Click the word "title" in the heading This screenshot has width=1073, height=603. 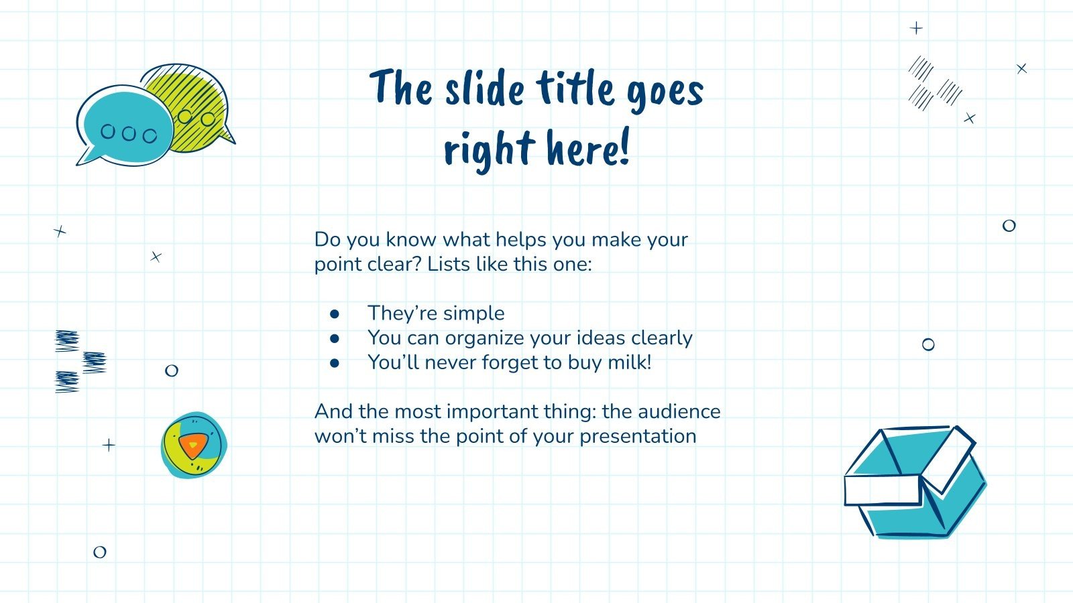[575, 88]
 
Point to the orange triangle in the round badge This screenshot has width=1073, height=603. [192, 445]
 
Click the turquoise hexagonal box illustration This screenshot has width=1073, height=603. [915, 482]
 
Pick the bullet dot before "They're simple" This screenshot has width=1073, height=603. [335, 314]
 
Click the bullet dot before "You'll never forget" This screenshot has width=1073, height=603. [335, 363]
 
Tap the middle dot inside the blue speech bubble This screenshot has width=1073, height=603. [128, 133]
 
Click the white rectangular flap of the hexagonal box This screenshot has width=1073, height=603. [883, 490]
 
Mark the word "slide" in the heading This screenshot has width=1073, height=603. [484, 90]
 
